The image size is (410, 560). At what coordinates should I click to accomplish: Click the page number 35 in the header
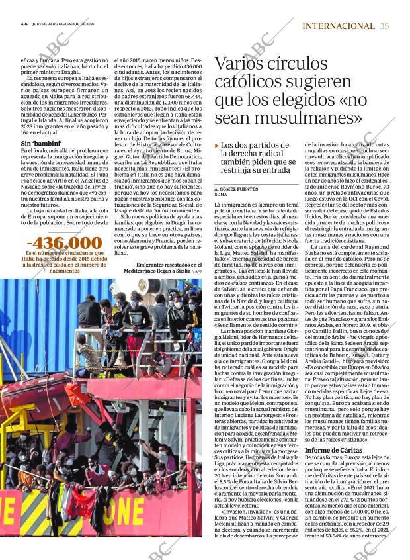[384, 26]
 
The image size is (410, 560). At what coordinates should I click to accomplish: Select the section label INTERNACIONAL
[338, 26]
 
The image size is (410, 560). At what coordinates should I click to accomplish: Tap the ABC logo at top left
[24, 26]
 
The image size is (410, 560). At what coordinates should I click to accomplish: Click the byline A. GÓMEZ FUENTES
[236, 189]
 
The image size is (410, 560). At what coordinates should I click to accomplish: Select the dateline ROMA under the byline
[221, 195]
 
